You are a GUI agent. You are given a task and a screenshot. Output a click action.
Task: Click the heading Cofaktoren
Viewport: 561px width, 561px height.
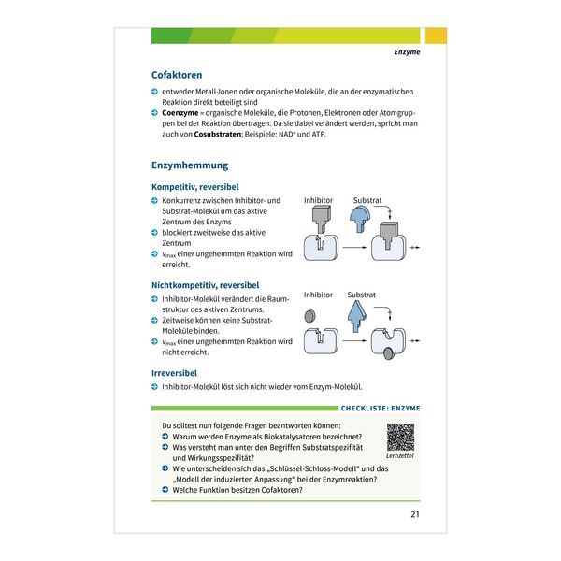pyautogui.click(x=177, y=75)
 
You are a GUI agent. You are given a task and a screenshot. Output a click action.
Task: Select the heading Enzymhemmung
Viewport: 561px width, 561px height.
pyautogui.click(x=190, y=165)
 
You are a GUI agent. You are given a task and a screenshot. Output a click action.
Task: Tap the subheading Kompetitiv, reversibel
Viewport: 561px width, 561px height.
pyautogui.click(x=195, y=187)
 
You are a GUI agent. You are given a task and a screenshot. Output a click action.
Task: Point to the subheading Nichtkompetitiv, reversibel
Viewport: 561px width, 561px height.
pyautogui.click(x=205, y=285)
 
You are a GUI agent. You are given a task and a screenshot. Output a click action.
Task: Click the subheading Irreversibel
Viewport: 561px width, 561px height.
pyautogui.click(x=174, y=373)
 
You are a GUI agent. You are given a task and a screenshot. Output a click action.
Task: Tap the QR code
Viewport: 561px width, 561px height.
pyautogui.click(x=400, y=438)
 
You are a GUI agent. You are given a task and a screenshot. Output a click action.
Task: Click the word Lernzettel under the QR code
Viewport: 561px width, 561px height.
pyautogui.click(x=400, y=456)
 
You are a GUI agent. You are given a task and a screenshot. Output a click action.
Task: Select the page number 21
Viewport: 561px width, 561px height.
pyautogui.click(x=415, y=514)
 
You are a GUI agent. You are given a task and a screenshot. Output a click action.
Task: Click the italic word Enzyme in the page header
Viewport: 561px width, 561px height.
pyautogui.click(x=407, y=51)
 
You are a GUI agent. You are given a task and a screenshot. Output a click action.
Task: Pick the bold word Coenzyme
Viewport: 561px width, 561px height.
pyautogui.click(x=180, y=113)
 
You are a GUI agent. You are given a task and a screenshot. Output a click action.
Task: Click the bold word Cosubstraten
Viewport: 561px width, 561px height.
pyautogui.click(x=218, y=134)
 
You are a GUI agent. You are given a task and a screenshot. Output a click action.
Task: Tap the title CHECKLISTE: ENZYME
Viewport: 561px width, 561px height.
pyautogui.click(x=381, y=409)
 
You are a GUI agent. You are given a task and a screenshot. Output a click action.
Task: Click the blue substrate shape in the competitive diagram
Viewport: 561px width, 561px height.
pyautogui.click(x=360, y=219)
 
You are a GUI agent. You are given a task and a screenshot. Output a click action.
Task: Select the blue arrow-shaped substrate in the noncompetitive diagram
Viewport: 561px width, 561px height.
pyautogui.click(x=357, y=316)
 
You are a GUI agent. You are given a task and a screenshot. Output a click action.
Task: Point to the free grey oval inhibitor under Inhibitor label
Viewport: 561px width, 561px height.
pyautogui.click(x=309, y=316)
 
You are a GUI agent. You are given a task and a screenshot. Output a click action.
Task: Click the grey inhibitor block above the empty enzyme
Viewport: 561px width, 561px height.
pyautogui.click(x=321, y=221)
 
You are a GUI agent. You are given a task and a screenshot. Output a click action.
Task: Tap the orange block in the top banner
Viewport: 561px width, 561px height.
pyautogui.click(x=436, y=36)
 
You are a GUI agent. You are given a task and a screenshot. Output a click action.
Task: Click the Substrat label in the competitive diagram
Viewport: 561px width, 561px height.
pyautogui.click(x=367, y=200)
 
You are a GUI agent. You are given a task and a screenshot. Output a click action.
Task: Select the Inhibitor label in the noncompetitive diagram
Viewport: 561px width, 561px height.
pyautogui.click(x=318, y=295)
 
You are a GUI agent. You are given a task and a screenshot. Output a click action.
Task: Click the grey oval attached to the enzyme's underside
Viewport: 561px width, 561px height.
pyautogui.click(x=389, y=354)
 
